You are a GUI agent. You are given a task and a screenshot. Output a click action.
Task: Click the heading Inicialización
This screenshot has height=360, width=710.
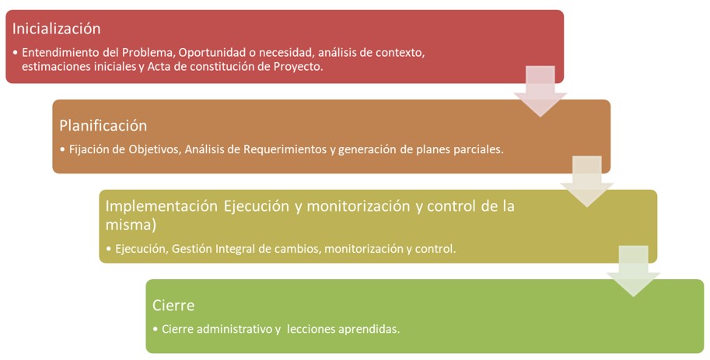coord(56,29)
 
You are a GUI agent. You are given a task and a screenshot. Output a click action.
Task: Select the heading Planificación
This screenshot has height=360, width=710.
coord(103,125)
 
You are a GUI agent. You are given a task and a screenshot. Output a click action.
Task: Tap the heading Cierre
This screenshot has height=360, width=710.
coord(173,306)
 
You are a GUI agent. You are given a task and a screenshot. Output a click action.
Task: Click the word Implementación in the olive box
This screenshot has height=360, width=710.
coord(162,207)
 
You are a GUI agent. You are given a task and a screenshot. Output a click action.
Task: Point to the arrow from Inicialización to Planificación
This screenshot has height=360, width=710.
coord(540,91)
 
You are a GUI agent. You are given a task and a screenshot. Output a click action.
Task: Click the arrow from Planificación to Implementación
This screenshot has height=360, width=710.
coord(587,181)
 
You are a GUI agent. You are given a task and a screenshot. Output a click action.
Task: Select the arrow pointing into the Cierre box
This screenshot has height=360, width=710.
coord(634,271)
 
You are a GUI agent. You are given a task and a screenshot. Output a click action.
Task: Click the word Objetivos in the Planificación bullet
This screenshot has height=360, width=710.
coord(155,149)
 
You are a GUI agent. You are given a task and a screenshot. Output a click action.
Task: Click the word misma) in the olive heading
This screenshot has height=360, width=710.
coord(131,225)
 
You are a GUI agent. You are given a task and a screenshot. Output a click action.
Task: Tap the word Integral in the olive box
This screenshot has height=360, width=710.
coord(234,249)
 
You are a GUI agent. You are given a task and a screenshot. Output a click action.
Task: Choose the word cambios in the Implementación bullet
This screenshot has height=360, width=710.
coord(298,249)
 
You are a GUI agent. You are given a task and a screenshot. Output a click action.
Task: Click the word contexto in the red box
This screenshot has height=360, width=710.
coord(400,53)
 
